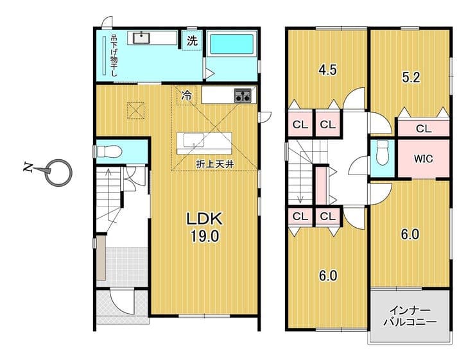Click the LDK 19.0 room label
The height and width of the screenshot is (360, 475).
205,227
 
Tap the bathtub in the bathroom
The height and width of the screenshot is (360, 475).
232,45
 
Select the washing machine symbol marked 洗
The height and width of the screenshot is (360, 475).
192,40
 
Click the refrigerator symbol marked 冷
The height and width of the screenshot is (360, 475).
187,96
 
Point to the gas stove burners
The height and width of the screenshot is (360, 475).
243,96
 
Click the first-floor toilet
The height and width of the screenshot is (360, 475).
108,151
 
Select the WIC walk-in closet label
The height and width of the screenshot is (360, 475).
423,159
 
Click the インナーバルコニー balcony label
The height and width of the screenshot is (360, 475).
410,316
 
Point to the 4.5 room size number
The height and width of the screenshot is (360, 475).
327,70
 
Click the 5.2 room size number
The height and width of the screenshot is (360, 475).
411,78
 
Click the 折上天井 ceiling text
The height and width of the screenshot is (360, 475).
215,164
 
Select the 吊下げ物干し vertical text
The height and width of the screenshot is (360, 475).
114,55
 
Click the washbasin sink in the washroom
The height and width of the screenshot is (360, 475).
141,38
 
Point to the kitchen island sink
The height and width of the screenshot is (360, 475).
194,140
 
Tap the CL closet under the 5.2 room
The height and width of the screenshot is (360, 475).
424,129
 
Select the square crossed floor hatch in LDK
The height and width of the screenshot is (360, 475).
135,111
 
